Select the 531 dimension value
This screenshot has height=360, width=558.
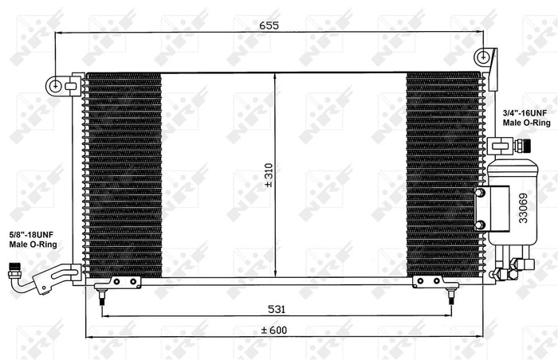click(x=277, y=309)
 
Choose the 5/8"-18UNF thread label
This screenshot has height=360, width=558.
click(x=30, y=235)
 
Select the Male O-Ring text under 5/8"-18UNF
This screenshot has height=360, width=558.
click(x=29, y=245)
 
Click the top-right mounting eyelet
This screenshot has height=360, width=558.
click(x=483, y=57)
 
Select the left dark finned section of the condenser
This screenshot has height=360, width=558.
click(x=124, y=175)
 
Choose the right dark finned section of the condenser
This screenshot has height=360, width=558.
click(x=442, y=175)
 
